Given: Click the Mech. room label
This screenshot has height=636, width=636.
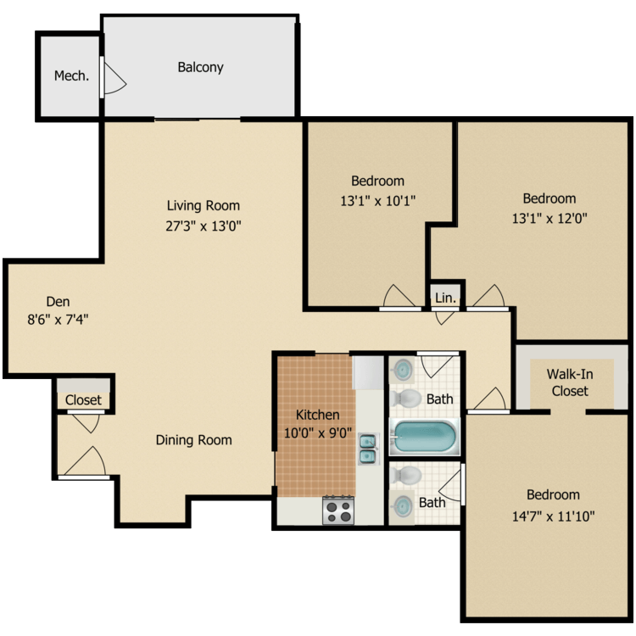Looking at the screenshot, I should (72, 76).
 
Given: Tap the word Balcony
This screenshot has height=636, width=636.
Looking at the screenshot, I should (200, 67).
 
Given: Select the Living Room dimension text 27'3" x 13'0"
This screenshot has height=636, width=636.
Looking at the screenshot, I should (203, 226).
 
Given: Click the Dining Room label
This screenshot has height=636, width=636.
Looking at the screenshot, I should (193, 440).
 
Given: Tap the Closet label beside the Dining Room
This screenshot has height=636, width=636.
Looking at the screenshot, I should (83, 400).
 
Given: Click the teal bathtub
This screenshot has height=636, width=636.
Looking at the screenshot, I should (424, 437).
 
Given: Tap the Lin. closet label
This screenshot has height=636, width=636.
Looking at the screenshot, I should (445, 298).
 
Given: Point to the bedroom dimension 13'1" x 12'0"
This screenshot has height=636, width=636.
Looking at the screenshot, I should (549, 217).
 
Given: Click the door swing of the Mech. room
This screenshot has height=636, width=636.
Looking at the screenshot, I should (114, 79).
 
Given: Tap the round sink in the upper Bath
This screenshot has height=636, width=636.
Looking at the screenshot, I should (403, 370).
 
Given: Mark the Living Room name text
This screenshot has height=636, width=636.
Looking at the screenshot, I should (203, 205).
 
